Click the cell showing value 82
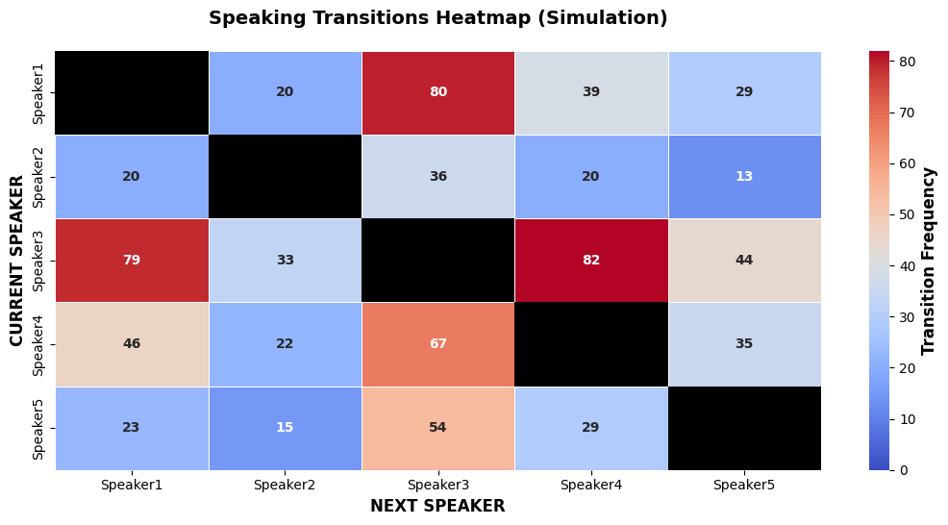591,260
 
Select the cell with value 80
438,92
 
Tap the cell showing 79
132,260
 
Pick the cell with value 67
438,344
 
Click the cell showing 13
745,177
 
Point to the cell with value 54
438,428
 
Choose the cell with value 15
286,428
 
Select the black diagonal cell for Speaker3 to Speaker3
438,260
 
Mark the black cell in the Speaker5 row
745,428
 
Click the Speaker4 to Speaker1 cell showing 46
132,344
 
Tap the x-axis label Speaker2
285,485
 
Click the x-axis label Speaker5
744,485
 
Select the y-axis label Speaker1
38,93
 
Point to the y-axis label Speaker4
38,345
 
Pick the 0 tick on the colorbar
903,470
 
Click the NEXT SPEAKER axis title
437,506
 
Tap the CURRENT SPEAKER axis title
16,261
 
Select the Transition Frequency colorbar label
928,262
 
